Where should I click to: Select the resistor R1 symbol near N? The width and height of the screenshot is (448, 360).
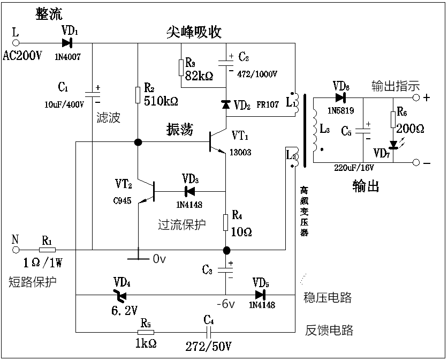[x=47, y=250]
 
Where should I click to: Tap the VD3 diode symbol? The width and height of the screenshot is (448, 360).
[x=188, y=191]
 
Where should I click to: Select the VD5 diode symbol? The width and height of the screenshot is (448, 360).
[x=260, y=295]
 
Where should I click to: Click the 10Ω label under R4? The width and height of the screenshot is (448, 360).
[x=241, y=232]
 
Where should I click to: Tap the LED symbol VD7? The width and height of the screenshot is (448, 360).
[x=394, y=144]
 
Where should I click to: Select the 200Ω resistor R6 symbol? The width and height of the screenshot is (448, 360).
[x=394, y=117]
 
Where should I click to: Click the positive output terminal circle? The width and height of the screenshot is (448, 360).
[x=415, y=98]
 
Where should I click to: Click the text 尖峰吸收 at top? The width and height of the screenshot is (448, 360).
[x=194, y=32]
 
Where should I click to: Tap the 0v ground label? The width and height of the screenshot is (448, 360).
[x=160, y=259]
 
